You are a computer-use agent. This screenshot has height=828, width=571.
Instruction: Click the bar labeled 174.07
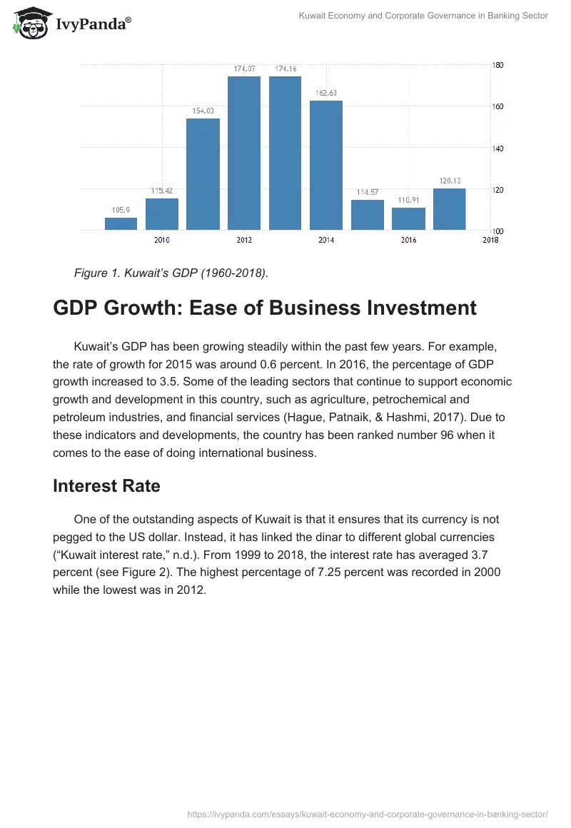click(x=244, y=153)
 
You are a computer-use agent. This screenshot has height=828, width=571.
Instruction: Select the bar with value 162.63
click(x=326, y=165)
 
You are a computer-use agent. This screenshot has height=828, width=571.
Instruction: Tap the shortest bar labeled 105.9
click(x=121, y=223)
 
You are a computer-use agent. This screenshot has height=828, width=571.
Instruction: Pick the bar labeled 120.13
click(x=450, y=209)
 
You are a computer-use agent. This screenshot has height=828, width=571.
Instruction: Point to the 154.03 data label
click(x=203, y=111)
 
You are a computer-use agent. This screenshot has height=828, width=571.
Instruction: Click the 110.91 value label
click(x=408, y=201)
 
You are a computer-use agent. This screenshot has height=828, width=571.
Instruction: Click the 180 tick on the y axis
click(x=498, y=65)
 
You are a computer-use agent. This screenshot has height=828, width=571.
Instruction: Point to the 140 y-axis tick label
click(x=498, y=148)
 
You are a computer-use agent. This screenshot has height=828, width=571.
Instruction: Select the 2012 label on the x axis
click(x=244, y=240)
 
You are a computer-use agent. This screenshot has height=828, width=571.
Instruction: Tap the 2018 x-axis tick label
click(x=490, y=240)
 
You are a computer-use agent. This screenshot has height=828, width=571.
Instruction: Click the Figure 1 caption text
click(x=170, y=272)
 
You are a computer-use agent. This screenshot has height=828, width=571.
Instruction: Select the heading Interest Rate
click(x=106, y=486)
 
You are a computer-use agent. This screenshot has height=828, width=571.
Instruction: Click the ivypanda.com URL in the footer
click(x=367, y=813)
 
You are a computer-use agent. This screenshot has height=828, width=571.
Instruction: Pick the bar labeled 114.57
click(x=368, y=215)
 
